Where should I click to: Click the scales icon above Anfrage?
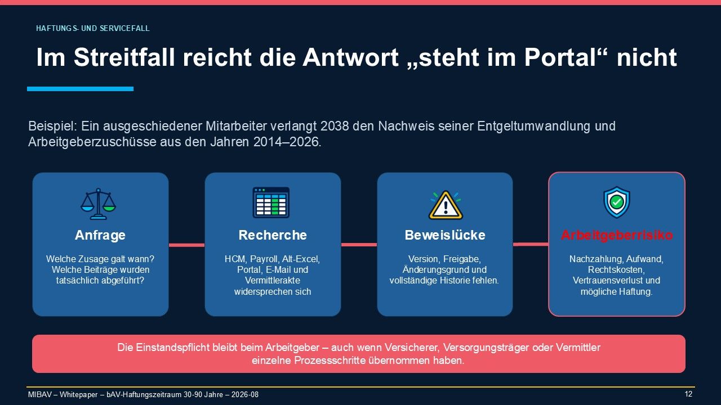pos(98,204)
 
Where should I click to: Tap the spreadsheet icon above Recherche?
pos(271,202)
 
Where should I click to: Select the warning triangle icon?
pos(446,205)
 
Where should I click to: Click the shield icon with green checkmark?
pos(616,202)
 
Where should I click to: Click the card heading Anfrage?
pos(100,235)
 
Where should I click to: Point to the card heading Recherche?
pos(273,235)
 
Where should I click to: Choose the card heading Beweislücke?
pos(445,235)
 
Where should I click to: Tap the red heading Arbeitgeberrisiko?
pos(617,235)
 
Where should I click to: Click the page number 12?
pos(688,394)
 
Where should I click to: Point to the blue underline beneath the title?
pos(80,89)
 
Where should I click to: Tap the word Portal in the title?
pos(560,57)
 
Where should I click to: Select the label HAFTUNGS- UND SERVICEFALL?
pos(93,28)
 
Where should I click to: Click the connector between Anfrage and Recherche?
pos(186,245)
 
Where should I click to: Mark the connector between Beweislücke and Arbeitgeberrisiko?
pos(531,244)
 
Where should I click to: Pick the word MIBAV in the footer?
pos(40,394)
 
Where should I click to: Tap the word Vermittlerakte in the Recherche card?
pos(272,280)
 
